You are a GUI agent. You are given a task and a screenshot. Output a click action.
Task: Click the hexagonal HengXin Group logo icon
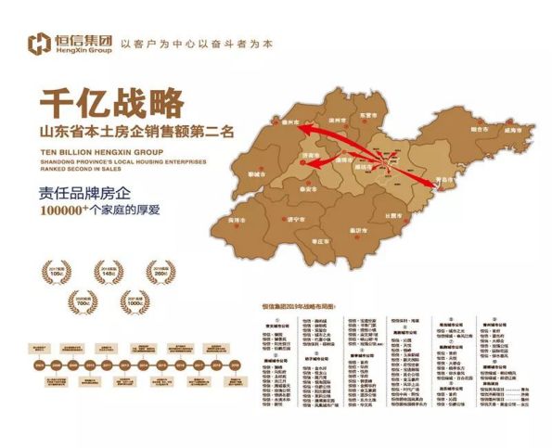click(40, 43)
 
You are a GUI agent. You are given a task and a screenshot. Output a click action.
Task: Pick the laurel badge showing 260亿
click(161, 273)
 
